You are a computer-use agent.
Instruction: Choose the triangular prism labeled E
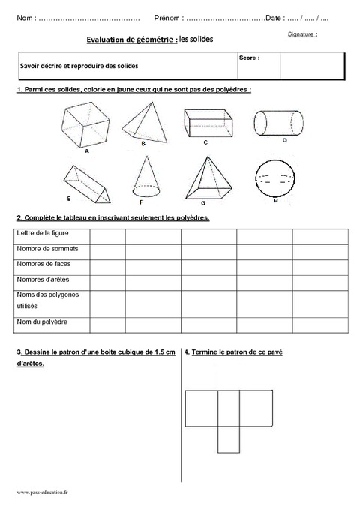pyautogui.click(x=86, y=182)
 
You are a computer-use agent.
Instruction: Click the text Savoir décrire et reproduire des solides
pyautogui.click(x=75, y=66)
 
